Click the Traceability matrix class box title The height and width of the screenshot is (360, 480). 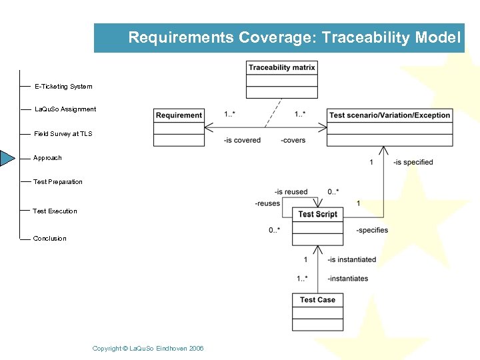281,67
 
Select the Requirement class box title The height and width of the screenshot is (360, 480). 179,115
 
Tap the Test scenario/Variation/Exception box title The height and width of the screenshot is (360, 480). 389,115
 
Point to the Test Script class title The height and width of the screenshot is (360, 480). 317,214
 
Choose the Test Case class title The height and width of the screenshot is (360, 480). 317,300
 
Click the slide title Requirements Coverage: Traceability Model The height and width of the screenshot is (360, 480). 294,37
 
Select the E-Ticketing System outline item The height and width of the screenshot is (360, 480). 63,87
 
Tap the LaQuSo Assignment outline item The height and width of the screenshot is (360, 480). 65,109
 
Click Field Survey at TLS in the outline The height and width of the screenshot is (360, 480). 63,134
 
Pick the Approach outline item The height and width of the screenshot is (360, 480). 47,158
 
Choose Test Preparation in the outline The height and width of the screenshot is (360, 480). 58,182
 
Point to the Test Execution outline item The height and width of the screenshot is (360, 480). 55,211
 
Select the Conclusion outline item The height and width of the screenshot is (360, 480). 50,239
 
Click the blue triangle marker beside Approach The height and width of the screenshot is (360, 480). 7,158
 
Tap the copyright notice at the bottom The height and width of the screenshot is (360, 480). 148,349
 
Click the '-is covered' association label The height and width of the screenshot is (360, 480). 242,140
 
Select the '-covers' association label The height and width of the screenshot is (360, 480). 293,140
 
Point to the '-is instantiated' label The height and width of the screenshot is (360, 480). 352,259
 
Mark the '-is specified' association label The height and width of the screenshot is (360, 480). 413,162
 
